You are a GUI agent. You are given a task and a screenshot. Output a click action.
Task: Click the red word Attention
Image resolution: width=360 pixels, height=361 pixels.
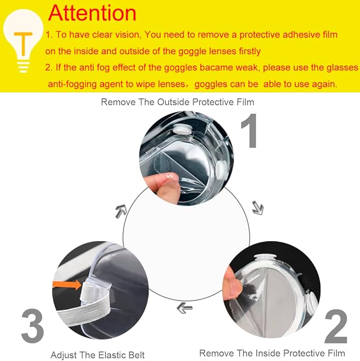pyautogui.click(x=92, y=13)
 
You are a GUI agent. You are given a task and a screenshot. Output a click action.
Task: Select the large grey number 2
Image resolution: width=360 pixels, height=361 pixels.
pyautogui.click(x=335, y=325)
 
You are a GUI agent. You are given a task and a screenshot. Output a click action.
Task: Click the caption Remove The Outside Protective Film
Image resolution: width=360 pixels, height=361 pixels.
pyautogui.click(x=177, y=102)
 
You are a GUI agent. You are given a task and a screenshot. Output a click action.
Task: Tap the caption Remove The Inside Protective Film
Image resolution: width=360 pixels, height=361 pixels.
pyautogui.click(x=272, y=353)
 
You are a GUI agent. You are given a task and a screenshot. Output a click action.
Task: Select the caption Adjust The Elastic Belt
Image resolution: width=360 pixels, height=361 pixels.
pyautogui.click(x=98, y=355)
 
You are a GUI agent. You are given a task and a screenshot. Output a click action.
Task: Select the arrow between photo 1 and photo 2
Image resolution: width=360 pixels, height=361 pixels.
pyautogui.click(x=257, y=207)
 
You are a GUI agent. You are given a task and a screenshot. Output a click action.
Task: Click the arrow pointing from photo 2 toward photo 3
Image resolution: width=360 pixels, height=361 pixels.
pyautogui.click(x=185, y=307)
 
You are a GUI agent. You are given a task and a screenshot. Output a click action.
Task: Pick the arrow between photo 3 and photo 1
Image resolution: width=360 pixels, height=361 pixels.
pyautogui.click(x=121, y=210)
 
